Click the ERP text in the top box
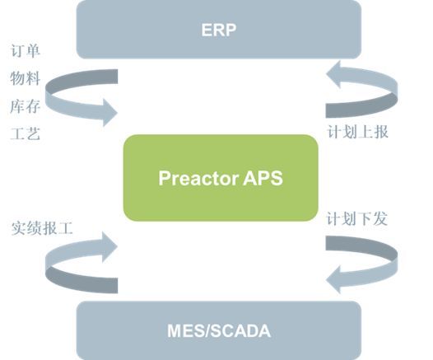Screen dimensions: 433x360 point(218,30)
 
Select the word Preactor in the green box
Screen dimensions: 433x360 point(199,178)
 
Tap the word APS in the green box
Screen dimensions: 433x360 point(263,178)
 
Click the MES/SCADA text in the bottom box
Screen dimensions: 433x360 point(219,330)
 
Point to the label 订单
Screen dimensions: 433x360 point(26,51)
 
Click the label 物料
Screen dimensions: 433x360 point(26,78)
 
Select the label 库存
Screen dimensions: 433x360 point(26,106)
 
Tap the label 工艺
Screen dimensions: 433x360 point(26,133)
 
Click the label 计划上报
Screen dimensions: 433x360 point(358,132)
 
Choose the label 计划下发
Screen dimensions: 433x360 point(357,219)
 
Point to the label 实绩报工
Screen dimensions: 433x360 point(42,228)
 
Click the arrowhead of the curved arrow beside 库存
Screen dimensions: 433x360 point(110,112)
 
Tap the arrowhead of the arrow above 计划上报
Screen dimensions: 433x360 point(333,75)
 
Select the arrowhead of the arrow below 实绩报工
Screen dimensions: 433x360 point(110,246)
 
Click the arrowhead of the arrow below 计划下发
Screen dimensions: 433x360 point(333,279)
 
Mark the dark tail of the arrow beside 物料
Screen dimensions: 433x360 point(83,80)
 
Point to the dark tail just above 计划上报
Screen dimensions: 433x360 point(361,106)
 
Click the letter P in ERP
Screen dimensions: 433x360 point(230,30)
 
